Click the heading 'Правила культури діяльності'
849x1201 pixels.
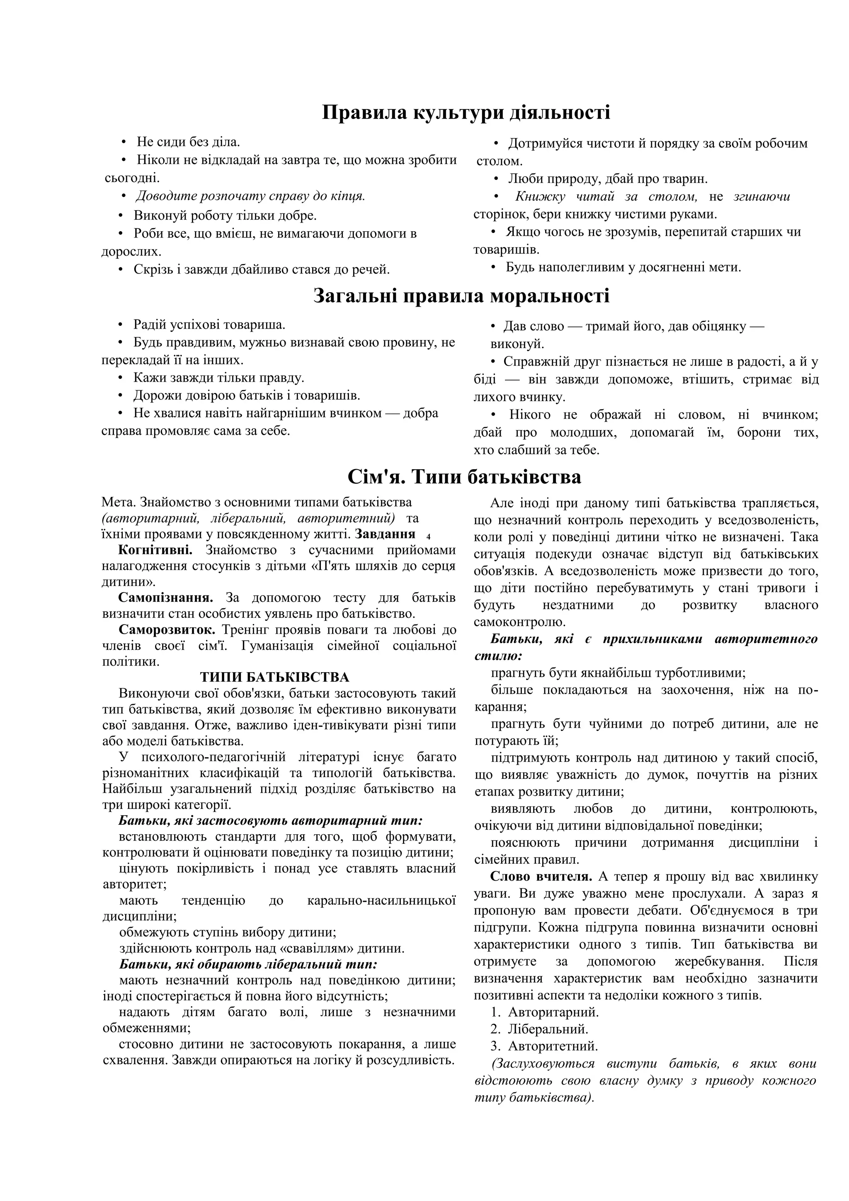[466, 112]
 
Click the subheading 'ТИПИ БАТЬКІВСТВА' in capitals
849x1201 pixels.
[274, 678]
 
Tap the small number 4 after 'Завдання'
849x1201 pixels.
[428, 537]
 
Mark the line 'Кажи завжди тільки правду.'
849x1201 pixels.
[218, 378]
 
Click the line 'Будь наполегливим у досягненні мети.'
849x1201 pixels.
[623, 267]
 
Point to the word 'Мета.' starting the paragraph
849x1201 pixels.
[118, 502]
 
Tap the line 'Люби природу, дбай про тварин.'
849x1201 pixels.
[607, 179]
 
